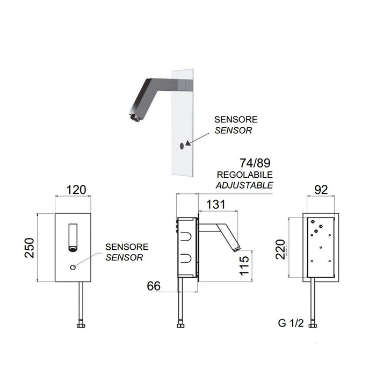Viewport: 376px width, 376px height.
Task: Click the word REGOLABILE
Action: tap(245, 176)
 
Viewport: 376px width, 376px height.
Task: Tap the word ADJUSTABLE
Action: tap(244, 185)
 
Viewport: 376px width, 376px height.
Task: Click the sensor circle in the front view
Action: tap(73, 267)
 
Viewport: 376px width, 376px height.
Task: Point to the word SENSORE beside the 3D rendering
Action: tap(236, 119)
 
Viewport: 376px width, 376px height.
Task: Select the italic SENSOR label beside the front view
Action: tap(124, 258)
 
